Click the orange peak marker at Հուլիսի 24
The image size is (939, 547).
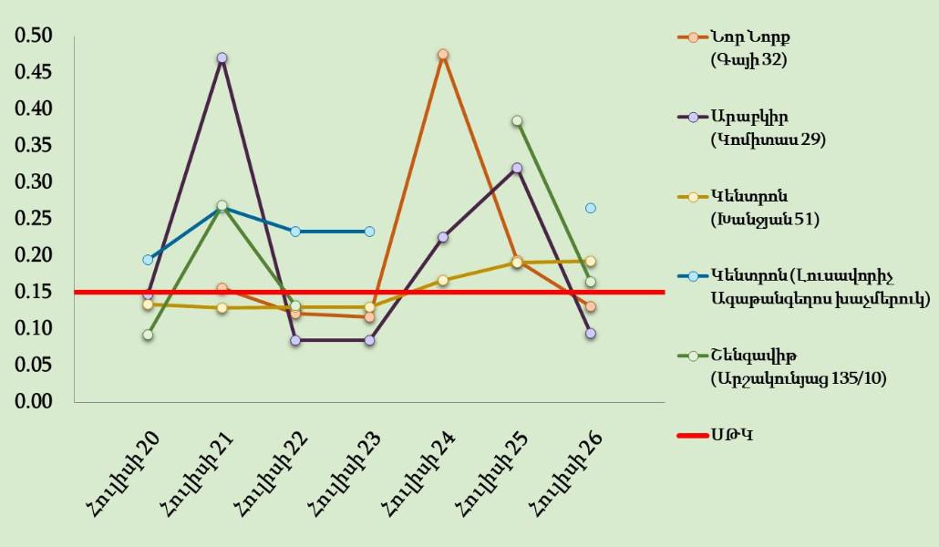442,55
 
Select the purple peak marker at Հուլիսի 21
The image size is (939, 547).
222,58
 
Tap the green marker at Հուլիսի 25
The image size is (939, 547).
517,120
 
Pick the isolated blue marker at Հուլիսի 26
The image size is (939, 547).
591,208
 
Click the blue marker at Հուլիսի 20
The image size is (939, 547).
148,260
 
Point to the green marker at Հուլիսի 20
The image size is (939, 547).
148,335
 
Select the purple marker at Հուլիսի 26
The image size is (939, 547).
591,334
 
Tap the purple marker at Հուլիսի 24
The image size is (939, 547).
442,237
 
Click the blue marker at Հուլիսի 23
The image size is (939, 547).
369,232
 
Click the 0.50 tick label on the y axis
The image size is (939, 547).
33,36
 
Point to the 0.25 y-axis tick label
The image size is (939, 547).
33,218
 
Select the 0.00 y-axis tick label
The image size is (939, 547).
33,401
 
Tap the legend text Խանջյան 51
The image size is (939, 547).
764,219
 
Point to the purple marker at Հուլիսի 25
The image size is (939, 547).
517,169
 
